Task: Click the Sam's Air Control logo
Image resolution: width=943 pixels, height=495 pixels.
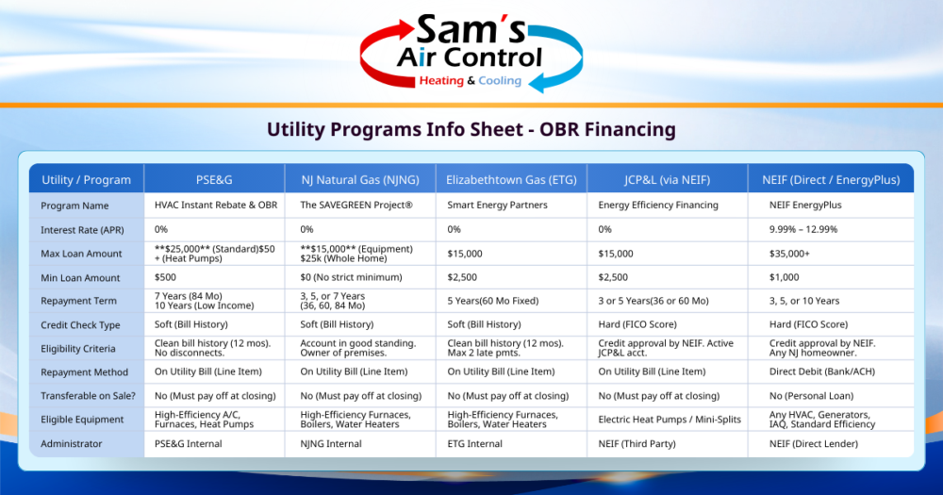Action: [x=471, y=54]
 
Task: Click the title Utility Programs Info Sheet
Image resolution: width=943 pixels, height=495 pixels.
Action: [x=471, y=129]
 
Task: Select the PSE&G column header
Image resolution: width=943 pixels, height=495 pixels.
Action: [x=214, y=179]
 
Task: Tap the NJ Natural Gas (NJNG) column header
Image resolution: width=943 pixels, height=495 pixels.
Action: [x=360, y=179]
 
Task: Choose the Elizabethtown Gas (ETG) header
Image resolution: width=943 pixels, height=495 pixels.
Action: [x=510, y=179]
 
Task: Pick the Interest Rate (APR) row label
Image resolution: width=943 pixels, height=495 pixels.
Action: [x=78, y=229]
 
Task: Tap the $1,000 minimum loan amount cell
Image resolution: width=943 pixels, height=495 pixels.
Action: [x=784, y=277]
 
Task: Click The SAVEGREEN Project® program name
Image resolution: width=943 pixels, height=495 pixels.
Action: [x=356, y=206]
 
